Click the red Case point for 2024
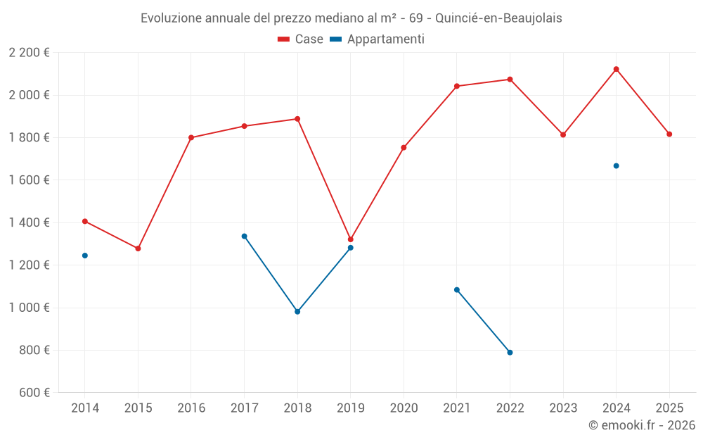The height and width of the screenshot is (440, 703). (x=616, y=69)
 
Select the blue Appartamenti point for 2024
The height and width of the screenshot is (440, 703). (x=616, y=166)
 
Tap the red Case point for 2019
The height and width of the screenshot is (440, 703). (x=350, y=239)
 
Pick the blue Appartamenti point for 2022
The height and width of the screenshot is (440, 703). (x=510, y=353)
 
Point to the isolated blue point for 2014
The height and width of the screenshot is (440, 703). (x=85, y=256)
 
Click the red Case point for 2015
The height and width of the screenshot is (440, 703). (x=138, y=249)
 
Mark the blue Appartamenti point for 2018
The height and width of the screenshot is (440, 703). (x=297, y=311)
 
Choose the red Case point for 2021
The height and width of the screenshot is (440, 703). (x=457, y=86)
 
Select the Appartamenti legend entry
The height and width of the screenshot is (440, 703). (x=378, y=39)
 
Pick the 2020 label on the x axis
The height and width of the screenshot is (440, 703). (x=404, y=408)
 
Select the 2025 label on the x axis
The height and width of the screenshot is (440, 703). (x=669, y=408)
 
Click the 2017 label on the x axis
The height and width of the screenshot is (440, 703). (x=244, y=408)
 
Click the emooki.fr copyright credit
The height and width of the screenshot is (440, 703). (x=641, y=425)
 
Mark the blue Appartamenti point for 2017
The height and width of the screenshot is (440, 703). (x=244, y=236)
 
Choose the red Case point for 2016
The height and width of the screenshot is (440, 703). (x=191, y=137)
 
